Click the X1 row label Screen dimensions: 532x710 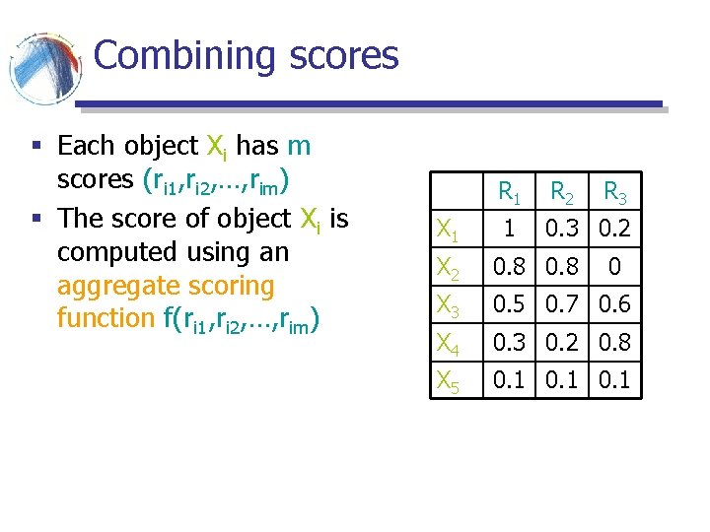pyautogui.click(x=449, y=233)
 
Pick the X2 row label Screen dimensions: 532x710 pyautogui.click(x=449, y=269)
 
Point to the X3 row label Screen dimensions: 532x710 pyautogui.click(x=449, y=306)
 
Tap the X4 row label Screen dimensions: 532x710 pyautogui.click(x=449, y=344)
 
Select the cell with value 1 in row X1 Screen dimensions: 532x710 pyautogui.click(x=509, y=229)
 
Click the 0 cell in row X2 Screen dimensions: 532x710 pyautogui.click(x=615, y=266)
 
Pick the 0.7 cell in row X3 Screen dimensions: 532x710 pyautogui.click(x=563, y=303)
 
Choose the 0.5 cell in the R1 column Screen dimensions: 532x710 pyautogui.click(x=509, y=303)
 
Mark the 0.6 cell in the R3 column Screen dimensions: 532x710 pyautogui.click(x=615, y=303)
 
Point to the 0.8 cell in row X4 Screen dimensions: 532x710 pyautogui.click(x=615, y=341)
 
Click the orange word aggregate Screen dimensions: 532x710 pyautogui.click(x=116, y=286)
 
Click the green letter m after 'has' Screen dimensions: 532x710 pyautogui.click(x=298, y=147)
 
